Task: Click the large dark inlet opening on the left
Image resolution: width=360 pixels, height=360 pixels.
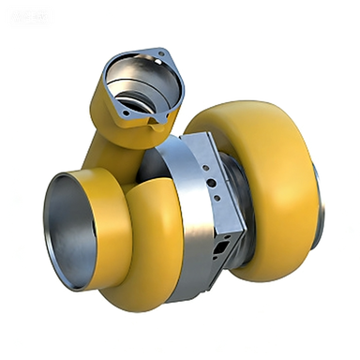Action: tap(68, 230)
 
